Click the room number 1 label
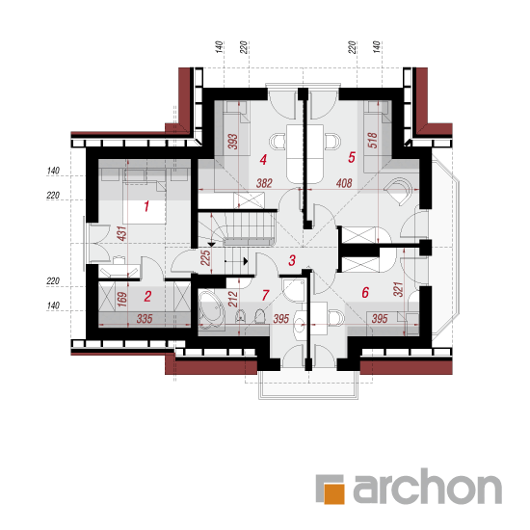point(146,206)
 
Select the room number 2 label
point(147,297)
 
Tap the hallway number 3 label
point(292,260)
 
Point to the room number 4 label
point(263,160)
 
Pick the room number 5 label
point(352,157)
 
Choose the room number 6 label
point(365,292)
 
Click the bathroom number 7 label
point(265,295)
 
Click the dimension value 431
point(122,233)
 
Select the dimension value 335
point(145,318)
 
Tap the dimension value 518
point(372,141)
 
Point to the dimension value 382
point(264,183)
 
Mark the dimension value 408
point(344,183)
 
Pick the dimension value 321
point(399,289)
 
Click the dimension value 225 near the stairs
point(205,258)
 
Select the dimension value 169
point(122,300)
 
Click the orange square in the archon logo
point(334,493)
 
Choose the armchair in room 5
point(399,191)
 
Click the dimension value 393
point(232,142)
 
